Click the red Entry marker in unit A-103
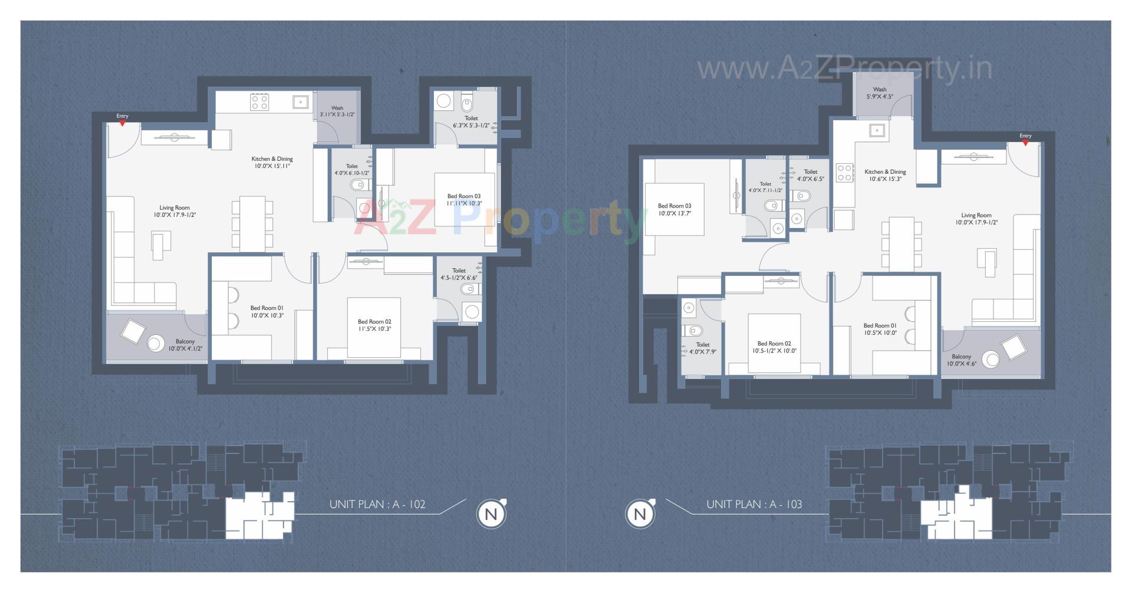(1025, 143)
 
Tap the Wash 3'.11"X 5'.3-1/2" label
(337, 111)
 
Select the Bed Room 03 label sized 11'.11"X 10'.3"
(463, 200)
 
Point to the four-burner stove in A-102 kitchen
(259, 103)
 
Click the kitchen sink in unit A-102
(300, 102)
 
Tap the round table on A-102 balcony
(156, 343)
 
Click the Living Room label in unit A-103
(976, 219)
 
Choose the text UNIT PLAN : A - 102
(377, 505)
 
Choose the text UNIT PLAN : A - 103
(754, 505)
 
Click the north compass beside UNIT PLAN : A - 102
(491, 514)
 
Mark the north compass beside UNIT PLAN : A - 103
(640, 514)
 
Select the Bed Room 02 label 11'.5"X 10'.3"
(374, 325)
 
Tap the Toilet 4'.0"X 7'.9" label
(702, 348)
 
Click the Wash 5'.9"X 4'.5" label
(879, 93)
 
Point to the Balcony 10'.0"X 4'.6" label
(961, 360)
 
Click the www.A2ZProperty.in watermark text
(844, 69)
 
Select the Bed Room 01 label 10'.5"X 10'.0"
(880, 329)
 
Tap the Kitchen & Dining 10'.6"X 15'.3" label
(885, 175)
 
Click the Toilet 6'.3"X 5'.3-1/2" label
(470, 121)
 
